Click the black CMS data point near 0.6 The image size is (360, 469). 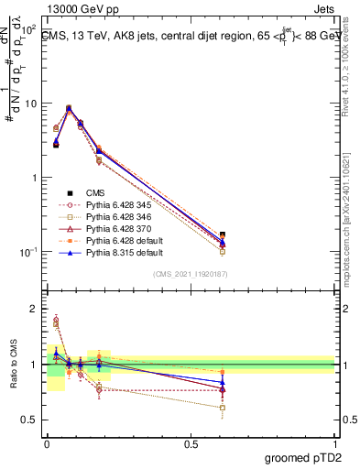tap(223, 235)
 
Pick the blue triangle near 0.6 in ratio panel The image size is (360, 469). tap(223, 382)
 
